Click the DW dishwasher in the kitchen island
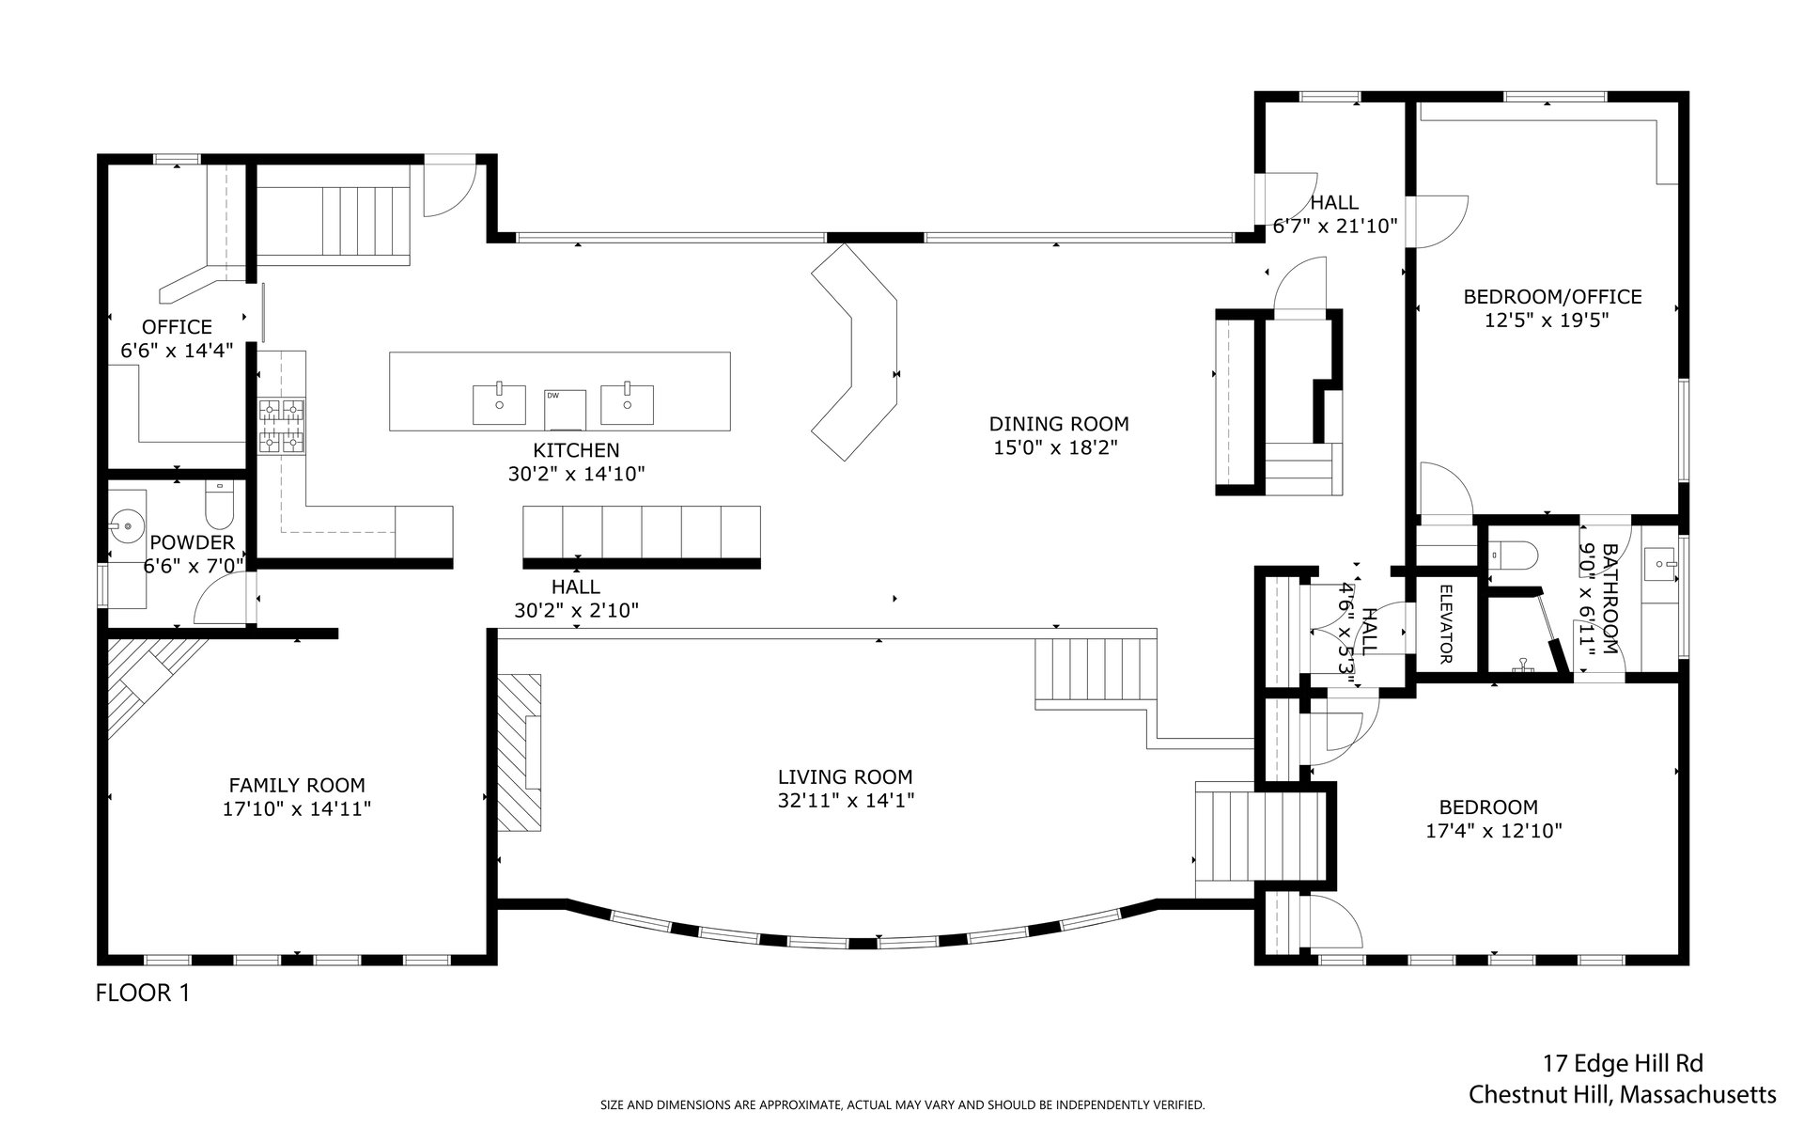coord(565,409)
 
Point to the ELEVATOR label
coord(1446,624)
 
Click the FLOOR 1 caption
coord(143,993)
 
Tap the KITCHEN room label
coord(576,450)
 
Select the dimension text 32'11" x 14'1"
coord(846,800)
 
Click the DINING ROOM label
coord(1059,424)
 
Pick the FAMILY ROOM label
coord(297,785)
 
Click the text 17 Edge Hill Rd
coord(1623,1064)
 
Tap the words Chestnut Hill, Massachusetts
coord(1623,1095)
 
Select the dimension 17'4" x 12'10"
coord(1493,831)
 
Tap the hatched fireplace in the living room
coord(519,752)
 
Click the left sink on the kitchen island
coord(499,404)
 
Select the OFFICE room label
coord(177,327)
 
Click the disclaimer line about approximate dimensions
coord(902,1105)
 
